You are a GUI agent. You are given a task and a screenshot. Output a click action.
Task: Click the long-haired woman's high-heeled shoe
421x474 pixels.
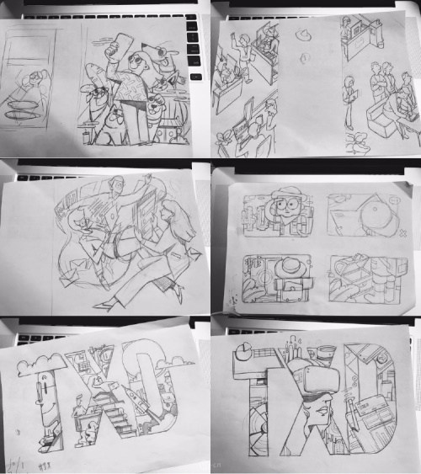179,295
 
